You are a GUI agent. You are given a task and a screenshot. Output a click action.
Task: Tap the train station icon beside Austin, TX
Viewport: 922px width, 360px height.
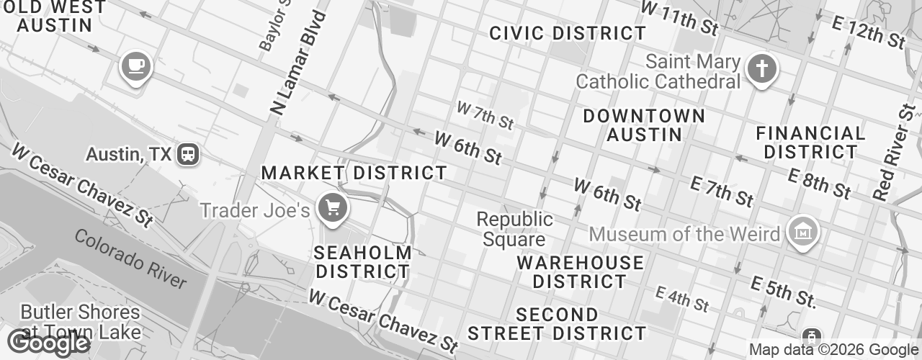click(189, 153)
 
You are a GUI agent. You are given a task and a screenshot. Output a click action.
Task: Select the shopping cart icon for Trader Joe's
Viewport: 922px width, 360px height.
click(333, 208)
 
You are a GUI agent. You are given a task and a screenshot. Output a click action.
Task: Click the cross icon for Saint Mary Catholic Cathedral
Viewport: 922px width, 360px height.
click(760, 70)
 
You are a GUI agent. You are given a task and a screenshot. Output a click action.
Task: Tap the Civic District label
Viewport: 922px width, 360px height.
click(568, 33)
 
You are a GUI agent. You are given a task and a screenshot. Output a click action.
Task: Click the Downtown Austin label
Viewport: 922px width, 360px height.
click(644, 125)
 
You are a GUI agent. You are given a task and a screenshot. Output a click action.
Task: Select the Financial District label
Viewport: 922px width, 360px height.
click(810, 143)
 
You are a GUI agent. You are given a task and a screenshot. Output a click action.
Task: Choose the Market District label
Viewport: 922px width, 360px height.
click(354, 173)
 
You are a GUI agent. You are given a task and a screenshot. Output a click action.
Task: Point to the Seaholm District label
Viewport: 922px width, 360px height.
click(363, 262)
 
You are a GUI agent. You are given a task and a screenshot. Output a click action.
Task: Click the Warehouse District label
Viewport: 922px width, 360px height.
click(581, 271)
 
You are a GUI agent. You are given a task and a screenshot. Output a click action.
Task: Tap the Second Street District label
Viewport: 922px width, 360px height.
click(557, 324)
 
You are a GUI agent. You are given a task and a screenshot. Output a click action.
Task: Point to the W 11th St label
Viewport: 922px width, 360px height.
click(679, 18)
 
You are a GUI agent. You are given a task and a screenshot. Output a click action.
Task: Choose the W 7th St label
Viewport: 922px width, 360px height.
click(485, 115)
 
